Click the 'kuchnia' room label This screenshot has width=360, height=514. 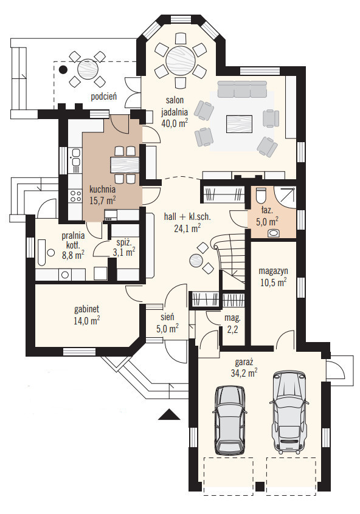[x=102, y=189]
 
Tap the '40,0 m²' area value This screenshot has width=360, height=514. [x=175, y=123]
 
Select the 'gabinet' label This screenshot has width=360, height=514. [x=86, y=309]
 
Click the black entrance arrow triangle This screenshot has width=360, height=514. [x=169, y=415]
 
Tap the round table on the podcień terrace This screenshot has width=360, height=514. [x=88, y=70]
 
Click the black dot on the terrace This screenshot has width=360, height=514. [x=63, y=69]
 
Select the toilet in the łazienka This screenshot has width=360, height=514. [x=260, y=196]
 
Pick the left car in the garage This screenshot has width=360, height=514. [x=230, y=420]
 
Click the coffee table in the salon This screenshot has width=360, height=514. [x=239, y=123]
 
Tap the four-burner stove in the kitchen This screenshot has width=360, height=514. [x=75, y=196]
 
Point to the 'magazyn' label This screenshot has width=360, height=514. [x=274, y=271]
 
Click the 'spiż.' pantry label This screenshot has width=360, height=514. [x=124, y=243]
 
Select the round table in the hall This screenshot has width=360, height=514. [x=197, y=261]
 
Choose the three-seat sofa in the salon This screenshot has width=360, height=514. [x=242, y=89]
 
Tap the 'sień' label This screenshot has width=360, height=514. [x=167, y=317]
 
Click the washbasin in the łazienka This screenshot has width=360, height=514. [x=274, y=233]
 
